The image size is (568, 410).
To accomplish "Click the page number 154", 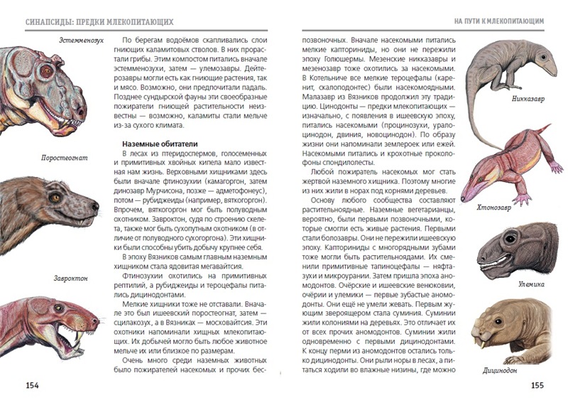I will tap(32, 385).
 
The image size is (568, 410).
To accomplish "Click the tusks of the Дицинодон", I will tap(489, 345).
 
